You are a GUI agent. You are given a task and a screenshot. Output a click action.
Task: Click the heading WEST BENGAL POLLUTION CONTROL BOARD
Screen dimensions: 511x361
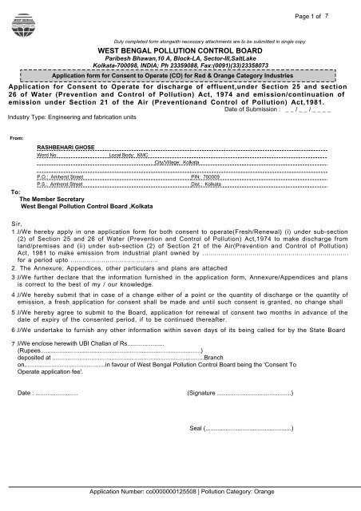point(181,49)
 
